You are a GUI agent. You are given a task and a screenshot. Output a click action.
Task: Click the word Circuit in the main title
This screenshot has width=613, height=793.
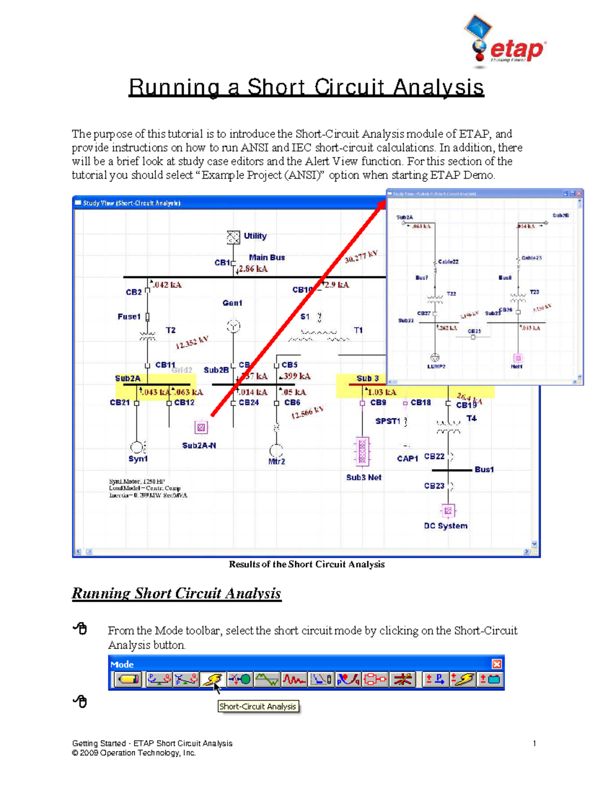[349, 87]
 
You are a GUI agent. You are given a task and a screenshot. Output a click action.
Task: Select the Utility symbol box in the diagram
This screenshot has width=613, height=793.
[233, 237]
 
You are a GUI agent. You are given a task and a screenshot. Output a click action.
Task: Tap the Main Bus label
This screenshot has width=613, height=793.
[267, 257]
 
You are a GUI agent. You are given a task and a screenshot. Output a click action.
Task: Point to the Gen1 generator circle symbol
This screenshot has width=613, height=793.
[233, 326]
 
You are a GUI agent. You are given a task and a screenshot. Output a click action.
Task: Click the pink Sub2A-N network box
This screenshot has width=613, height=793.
[201, 427]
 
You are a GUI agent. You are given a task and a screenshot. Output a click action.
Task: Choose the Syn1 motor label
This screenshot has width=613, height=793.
[138, 459]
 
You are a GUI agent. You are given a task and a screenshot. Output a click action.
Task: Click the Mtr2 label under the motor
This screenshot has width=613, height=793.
[276, 461]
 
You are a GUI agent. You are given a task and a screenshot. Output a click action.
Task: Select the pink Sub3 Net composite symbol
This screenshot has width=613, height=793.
[362, 451]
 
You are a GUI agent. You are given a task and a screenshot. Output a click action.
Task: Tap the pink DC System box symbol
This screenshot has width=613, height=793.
[448, 510]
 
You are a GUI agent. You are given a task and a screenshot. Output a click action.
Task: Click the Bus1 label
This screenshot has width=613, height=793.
[484, 469]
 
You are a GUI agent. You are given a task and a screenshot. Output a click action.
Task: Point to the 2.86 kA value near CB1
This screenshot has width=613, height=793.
[253, 269]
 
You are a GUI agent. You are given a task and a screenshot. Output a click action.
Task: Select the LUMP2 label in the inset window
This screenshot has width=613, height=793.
[436, 366]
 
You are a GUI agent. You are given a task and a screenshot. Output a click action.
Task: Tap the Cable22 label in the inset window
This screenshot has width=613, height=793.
[448, 261]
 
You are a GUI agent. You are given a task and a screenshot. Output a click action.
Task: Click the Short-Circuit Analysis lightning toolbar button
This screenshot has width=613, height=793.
[211, 679]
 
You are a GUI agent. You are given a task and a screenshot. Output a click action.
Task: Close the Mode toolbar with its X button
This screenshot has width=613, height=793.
[497, 664]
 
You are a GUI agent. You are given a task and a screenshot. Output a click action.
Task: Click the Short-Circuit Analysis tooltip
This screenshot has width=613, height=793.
[258, 706]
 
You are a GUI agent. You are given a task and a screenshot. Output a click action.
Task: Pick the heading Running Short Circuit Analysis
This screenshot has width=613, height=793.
[176, 593]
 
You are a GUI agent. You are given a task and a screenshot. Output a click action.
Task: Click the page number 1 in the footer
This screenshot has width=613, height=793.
[534, 743]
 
